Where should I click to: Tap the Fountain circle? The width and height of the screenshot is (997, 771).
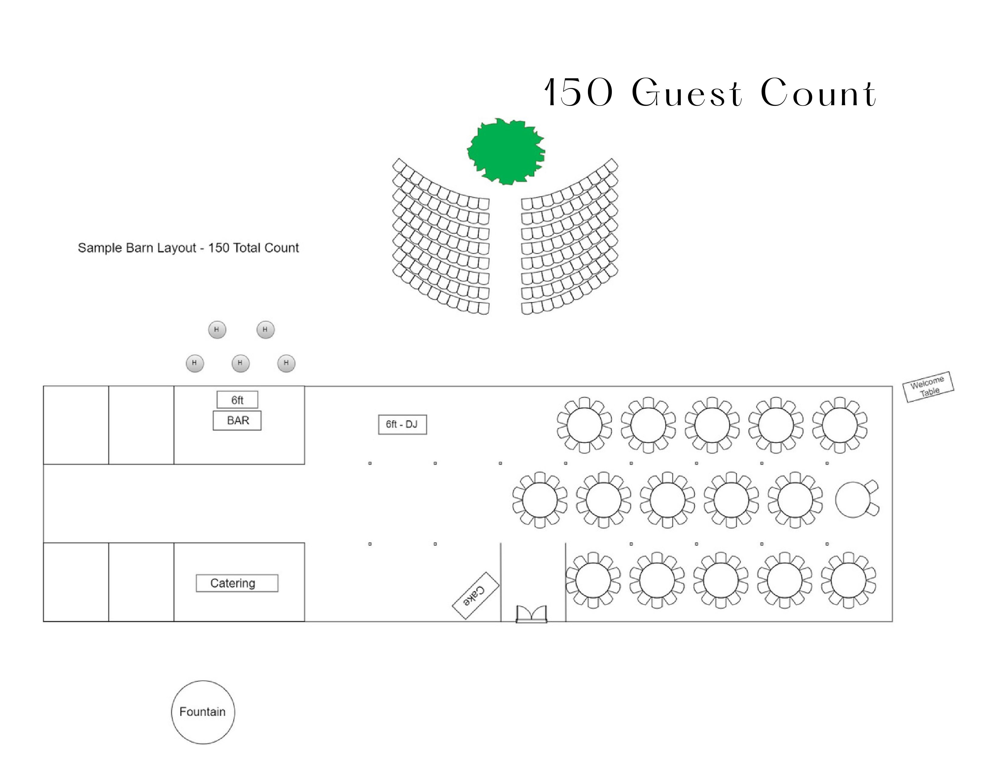coord(203,712)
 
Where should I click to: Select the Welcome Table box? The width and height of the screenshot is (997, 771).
coord(928,387)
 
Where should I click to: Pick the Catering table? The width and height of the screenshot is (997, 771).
coord(237,583)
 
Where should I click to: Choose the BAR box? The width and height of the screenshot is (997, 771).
coord(237,420)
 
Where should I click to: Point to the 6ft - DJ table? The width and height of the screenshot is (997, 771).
coord(402,424)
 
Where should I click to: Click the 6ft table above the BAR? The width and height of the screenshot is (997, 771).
coord(237,400)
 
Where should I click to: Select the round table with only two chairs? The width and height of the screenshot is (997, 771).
coord(853,500)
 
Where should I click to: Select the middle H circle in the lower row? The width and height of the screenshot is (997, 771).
coord(240,363)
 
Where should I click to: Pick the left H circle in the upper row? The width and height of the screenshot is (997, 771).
coord(217,329)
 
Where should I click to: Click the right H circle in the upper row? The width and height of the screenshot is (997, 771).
coord(265,329)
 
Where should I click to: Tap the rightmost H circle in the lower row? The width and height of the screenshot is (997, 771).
coord(286,363)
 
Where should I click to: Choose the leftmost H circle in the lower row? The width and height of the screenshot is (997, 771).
coord(195,363)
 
